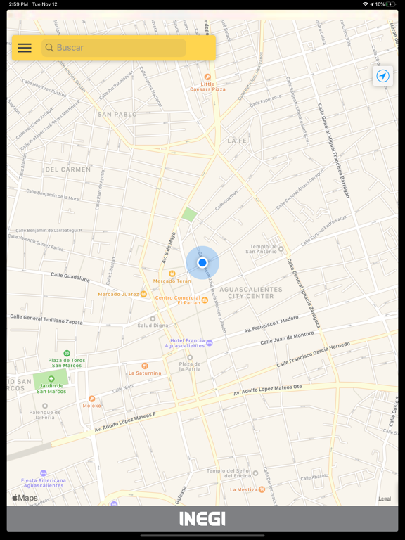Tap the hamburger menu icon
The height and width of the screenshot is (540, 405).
[x=25, y=48]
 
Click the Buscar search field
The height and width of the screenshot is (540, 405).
[x=116, y=48]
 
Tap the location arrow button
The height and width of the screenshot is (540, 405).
[x=382, y=76]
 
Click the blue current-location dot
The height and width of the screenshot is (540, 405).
[x=202, y=262]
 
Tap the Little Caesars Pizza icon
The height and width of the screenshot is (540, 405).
[x=207, y=77]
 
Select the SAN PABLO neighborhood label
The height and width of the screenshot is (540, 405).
[x=117, y=114]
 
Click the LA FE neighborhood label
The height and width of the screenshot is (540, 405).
[x=237, y=141]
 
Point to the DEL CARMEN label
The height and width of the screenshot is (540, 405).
[x=67, y=169]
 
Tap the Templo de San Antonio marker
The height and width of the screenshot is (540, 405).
[x=281, y=249]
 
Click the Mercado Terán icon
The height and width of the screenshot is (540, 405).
[x=172, y=274]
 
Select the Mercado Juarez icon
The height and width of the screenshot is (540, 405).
[x=144, y=294]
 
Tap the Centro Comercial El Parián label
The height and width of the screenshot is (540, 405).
[x=178, y=300]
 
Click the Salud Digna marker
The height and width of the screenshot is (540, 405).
[x=153, y=319]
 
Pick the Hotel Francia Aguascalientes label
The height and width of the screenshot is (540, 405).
[x=185, y=343]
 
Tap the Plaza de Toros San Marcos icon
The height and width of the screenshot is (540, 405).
[x=67, y=353]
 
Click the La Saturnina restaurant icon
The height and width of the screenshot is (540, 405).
[x=145, y=366]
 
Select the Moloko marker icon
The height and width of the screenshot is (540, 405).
[x=91, y=399]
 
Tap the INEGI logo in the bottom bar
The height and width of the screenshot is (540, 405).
[x=202, y=519]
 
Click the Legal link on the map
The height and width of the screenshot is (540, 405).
[x=385, y=499]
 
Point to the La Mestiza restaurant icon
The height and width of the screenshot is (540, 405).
[x=262, y=489]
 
